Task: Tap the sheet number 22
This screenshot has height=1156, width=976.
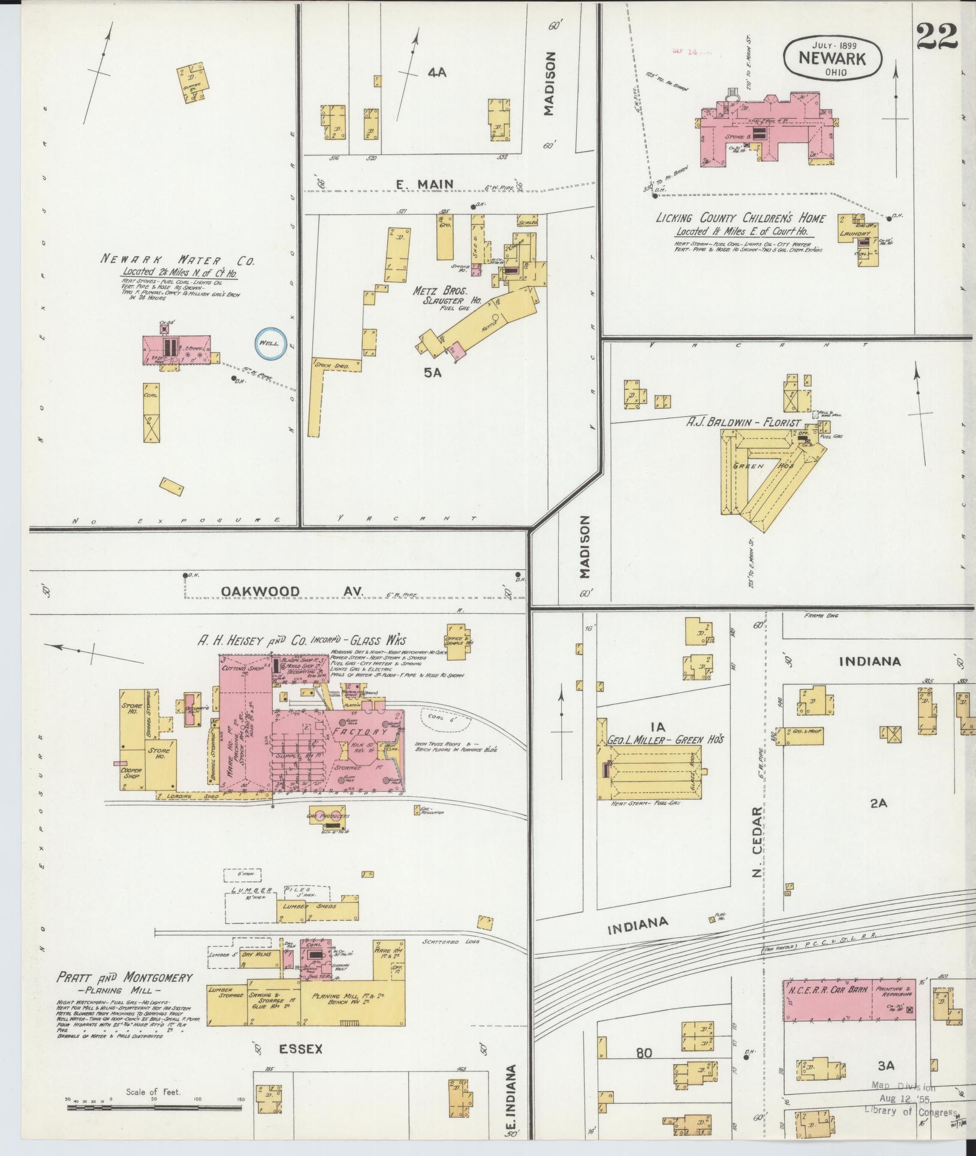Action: tap(936, 38)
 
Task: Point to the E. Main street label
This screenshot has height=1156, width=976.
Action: tap(424, 185)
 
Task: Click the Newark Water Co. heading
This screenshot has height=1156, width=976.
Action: tap(177, 261)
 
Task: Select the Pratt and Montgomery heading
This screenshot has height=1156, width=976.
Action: tap(125, 978)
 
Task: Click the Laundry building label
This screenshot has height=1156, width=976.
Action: tap(854, 233)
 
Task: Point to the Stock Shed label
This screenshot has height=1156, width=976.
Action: tap(332, 364)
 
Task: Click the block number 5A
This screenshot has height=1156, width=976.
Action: tap(433, 372)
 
